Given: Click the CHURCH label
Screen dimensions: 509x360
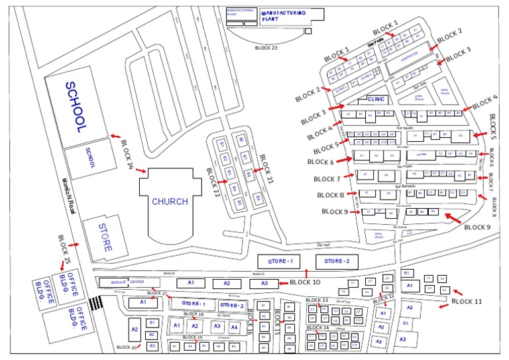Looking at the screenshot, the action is click(170, 202).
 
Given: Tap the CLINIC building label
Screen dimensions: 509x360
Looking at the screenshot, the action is click(376, 99).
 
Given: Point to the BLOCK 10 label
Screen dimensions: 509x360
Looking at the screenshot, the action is click(305, 282).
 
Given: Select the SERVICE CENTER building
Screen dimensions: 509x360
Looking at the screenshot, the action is click(127, 282).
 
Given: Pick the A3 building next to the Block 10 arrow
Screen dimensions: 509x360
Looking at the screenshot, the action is click(264, 283).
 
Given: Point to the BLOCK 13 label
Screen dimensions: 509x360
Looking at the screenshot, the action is click(316, 300).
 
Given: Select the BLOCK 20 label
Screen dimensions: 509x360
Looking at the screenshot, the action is click(126, 347).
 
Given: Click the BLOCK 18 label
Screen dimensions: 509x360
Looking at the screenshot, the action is click(192, 314).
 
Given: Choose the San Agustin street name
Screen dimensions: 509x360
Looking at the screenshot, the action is click(405, 127).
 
